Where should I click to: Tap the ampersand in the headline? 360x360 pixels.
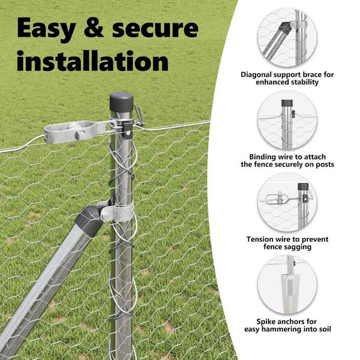(94, 28)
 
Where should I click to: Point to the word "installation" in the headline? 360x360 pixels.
(92, 61)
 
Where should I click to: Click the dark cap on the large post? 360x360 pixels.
(121, 102)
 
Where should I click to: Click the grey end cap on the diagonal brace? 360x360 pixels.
(89, 220)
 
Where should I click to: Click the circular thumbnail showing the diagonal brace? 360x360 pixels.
(287, 38)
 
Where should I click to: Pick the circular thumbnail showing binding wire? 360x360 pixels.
(287, 120)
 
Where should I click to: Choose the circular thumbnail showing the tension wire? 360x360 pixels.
(287, 202)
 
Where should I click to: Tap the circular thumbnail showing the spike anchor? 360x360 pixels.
(287, 284)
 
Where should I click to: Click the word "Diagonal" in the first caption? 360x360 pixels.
(256, 75)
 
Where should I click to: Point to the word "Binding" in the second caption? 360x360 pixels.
(263, 157)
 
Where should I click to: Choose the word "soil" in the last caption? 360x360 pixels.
(325, 329)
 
